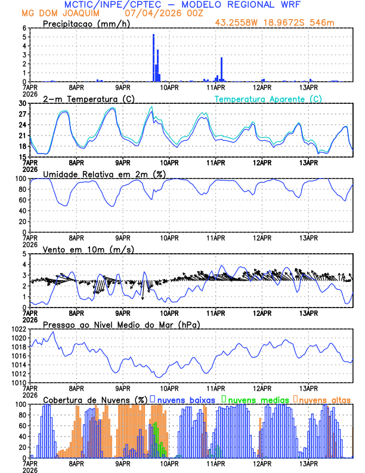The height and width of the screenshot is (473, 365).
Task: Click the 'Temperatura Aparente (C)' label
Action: point(268,99)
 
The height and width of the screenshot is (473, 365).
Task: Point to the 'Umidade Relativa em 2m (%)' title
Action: point(104,174)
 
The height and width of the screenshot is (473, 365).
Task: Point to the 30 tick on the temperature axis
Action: point(23,103)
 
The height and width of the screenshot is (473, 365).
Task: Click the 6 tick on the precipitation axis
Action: point(24,28)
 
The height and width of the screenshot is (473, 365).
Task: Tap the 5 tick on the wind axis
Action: point(24,254)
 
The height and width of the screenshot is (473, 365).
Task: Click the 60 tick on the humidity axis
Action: point(22,200)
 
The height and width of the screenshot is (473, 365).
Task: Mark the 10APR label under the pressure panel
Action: point(169,388)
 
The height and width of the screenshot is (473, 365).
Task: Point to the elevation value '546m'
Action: point(322,23)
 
